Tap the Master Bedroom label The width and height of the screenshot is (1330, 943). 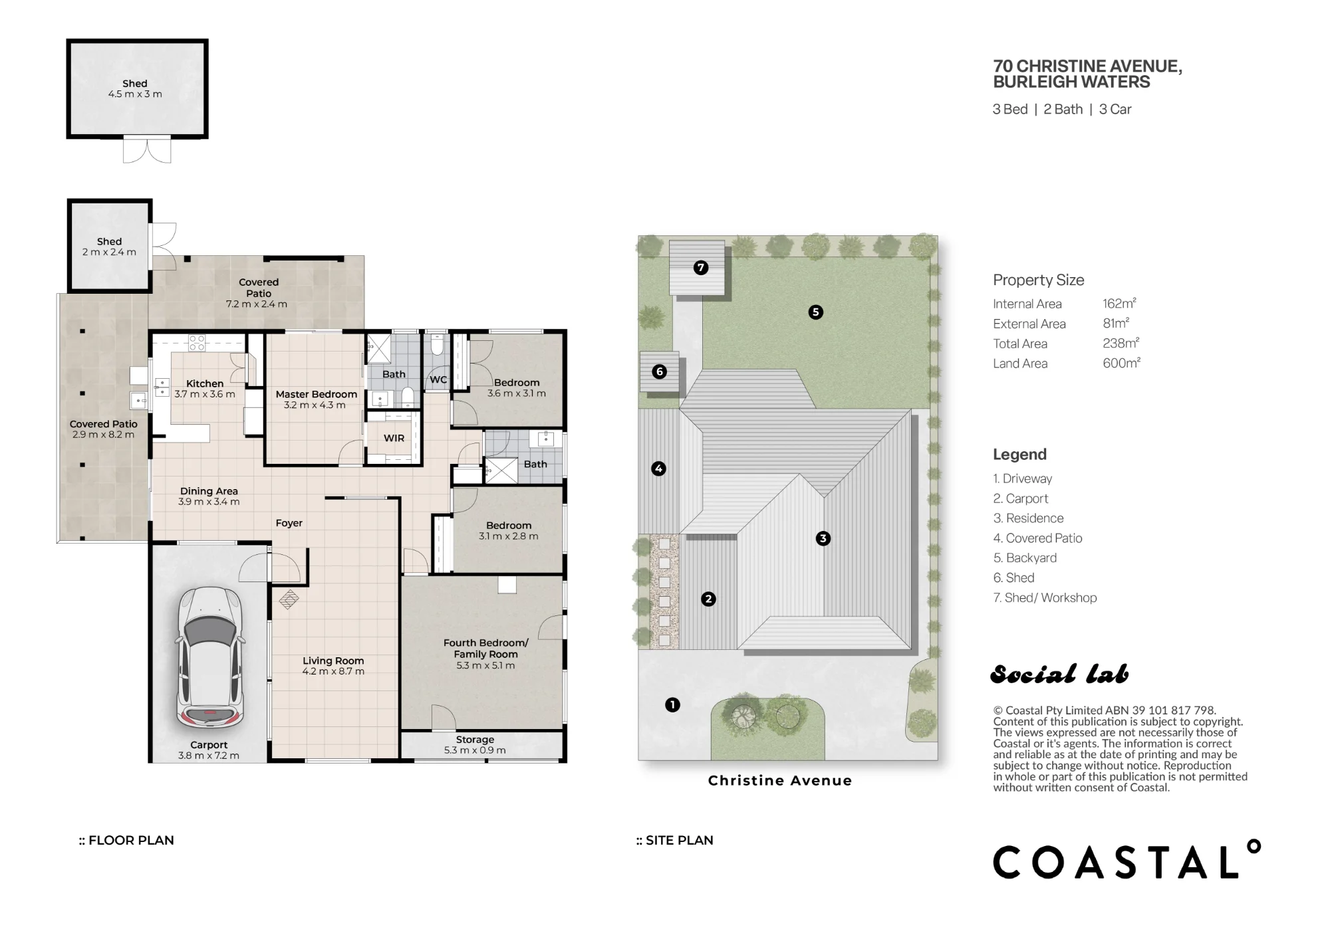[317, 394]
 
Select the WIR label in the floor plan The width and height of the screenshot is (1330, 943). [394, 438]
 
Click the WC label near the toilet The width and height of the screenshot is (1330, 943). [438, 380]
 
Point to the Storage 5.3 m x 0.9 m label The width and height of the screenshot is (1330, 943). [475, 745]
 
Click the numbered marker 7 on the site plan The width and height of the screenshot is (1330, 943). [701, 268]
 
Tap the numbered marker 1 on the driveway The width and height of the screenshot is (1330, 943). [672, 704]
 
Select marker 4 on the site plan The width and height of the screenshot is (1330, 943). [658, 469]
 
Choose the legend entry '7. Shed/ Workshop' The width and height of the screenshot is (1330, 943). [1045, 597]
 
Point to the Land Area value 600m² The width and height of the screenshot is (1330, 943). [1121, 363]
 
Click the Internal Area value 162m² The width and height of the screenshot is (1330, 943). [1119, 303]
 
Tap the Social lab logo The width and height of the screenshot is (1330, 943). [1059, 675]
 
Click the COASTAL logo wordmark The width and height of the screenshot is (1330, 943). [1127, 860]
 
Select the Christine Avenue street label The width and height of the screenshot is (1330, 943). [780, 781]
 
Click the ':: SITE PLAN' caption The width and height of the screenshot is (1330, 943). [674, 840]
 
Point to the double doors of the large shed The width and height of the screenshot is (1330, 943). [147, 150]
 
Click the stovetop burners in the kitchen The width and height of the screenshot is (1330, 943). [197, 343]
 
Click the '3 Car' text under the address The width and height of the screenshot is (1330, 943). [1115, 109]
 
